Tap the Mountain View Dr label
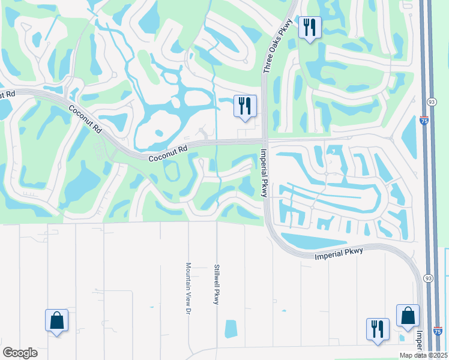tap(188, 287)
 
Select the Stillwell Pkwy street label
tap(217, 284)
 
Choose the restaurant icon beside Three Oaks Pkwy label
tap(310, 28)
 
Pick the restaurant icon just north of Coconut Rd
tap(245, 106)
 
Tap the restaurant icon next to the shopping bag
tap(378, 329)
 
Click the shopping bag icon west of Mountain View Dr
tap(56, 320)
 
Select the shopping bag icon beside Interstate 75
tap(408, 316)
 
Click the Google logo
tap(20, 353)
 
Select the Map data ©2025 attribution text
tap(423, 355)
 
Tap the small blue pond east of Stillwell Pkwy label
tap(231, 328)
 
